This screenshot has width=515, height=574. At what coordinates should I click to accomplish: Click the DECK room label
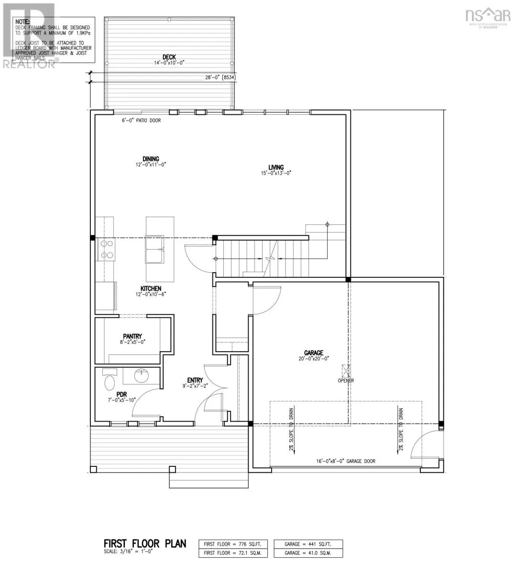169,57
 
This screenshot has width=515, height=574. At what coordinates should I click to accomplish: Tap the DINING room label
150,159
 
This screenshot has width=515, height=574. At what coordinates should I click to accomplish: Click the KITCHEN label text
151,288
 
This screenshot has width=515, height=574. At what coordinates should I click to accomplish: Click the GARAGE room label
313,353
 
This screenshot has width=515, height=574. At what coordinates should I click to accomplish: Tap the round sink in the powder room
141,376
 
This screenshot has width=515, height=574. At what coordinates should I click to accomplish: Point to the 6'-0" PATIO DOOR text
141,121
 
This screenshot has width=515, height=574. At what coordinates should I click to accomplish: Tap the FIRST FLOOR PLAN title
144,544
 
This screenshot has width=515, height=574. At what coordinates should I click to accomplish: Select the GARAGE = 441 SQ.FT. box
308,544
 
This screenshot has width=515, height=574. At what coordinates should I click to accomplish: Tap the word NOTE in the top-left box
22,22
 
